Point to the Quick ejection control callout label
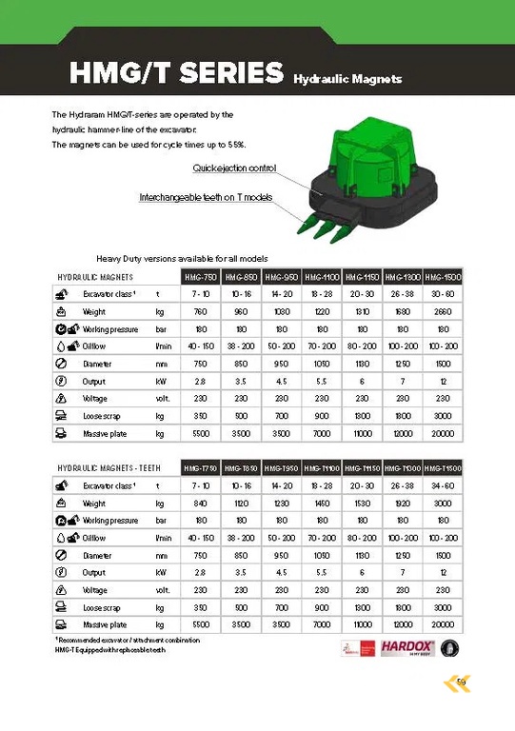[234, 168]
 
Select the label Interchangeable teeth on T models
[206, 198]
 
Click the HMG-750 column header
[201, 277]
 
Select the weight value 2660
[441, 311]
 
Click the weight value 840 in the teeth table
[201, 504]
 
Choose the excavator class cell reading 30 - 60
[441, 294]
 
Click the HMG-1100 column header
[321, 277]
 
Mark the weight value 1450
[321, 504]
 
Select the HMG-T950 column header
[281, 469]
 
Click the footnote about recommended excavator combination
[120, 640]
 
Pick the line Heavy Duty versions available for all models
[182, 259]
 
